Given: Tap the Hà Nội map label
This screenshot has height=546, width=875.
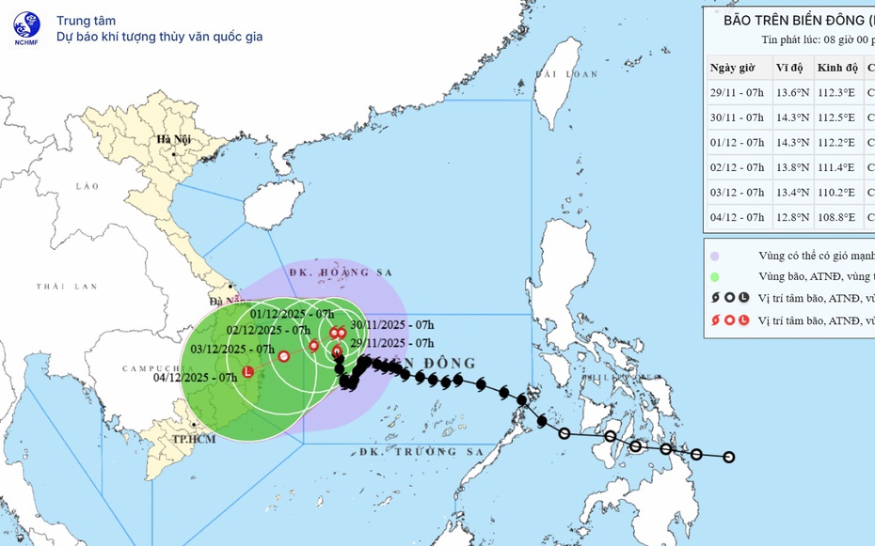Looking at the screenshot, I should pyautogui.click(x=174, y=139).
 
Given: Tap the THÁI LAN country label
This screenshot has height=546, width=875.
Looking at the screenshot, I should pyautogui.click(x=67, y=286).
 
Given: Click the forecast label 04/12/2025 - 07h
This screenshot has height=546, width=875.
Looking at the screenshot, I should pyautogui.click(x=196, y=378).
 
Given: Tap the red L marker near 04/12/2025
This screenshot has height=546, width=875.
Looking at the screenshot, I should pyautogui.click(x=248, y=372).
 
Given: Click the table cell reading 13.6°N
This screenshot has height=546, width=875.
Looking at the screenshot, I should pyautogui.click(x=791, y=93).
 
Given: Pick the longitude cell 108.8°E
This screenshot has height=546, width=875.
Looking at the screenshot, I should pyautogui.click(x=835, y=217).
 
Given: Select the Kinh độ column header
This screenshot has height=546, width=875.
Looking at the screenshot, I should pyautogui.click(x=837, y=68).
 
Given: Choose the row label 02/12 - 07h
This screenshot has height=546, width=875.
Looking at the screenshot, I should pyautogui.click(x=737, y=167).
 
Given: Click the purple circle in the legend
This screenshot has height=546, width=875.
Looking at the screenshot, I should pyautogui.click(x=716, y=256).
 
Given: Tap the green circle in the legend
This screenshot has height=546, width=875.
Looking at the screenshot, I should pyautogui.click(x=716, y=276).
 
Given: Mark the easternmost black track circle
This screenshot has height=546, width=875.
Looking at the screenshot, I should pyautogui.click(x=728, y=458).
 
